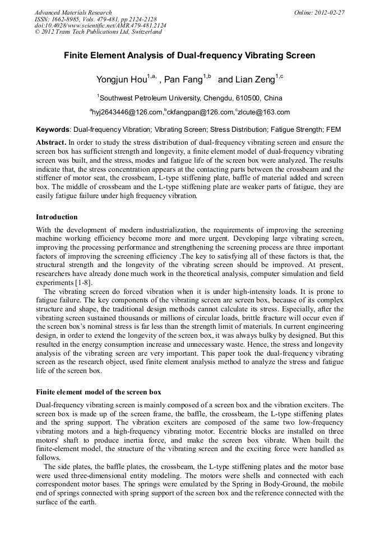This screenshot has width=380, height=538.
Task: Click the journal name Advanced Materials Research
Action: pyautogui.click(x=73, y=12)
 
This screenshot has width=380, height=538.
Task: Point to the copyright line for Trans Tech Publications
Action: pyautogui.click(x=98, y=32)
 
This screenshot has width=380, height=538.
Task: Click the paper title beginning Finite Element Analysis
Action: pyautogui.click(x=189, y=56)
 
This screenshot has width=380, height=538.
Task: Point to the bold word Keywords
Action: pyautogui.click(x=53, y=129)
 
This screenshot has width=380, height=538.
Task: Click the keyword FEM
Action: pyautogui.click(x=333, y=129)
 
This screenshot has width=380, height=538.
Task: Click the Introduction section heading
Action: pyautogui.click(x=57, y=217)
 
